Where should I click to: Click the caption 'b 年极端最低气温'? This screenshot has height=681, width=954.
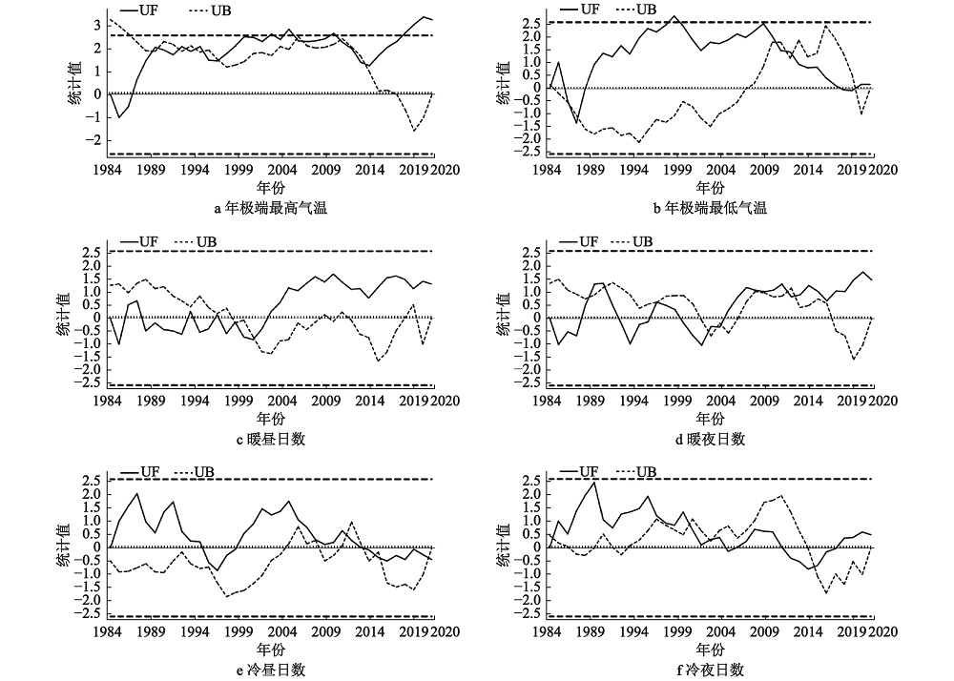click(x=708, y=208)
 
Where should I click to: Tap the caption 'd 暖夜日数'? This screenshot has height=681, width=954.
click(x=708, y=439)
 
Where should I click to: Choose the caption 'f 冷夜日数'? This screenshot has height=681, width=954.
click(x=708, y=670)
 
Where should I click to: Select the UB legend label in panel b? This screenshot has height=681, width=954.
click(x=647, y=10)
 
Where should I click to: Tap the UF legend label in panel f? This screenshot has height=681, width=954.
click(x=589, y=471)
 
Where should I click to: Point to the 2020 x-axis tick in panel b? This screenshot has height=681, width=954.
click(x=882, y=170)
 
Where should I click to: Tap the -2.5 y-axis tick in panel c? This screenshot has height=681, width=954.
click(x=91, y=384)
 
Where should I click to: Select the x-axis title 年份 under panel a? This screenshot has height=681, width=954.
click(x=270, y=188)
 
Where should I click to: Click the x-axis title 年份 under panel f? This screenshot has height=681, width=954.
click(x=708, y=650)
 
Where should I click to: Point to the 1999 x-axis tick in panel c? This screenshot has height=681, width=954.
click(x=238, y=401)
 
